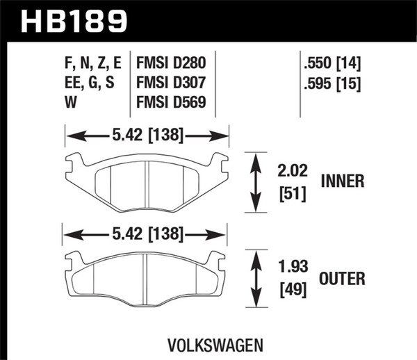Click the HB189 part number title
point(76,20)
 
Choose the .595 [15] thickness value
point(332,85)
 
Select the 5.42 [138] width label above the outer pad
point(146,234)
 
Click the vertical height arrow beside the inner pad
point(256,182)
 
